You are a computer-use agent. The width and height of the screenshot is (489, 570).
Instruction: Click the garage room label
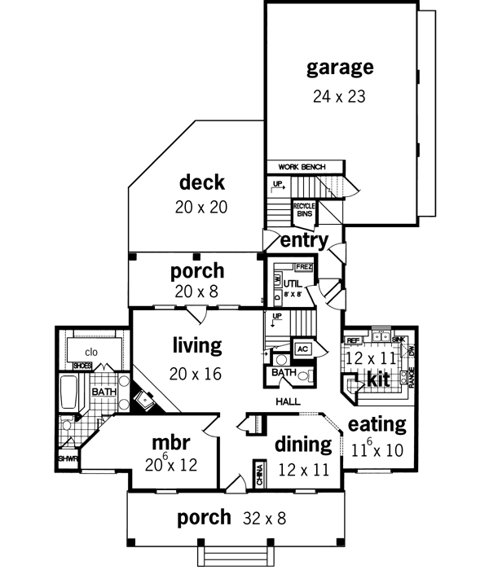340,67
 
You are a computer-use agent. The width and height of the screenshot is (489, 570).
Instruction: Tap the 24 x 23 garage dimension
339,95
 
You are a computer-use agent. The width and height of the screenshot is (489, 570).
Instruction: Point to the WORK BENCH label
302,167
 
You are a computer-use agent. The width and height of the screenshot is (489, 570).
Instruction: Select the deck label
201,182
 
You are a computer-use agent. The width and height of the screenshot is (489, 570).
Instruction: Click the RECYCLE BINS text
304,209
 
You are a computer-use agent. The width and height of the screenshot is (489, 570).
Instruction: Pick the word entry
304,240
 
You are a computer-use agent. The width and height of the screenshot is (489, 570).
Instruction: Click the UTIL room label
293,283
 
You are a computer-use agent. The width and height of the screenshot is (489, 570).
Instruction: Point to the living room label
197,345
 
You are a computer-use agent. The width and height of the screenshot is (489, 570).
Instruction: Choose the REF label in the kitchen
353,340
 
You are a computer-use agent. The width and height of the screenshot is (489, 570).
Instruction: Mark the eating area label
377,423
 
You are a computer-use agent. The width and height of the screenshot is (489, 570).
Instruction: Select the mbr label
171,443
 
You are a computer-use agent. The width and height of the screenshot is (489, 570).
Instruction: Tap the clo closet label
91,352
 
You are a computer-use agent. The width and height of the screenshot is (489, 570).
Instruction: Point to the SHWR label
66,458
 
